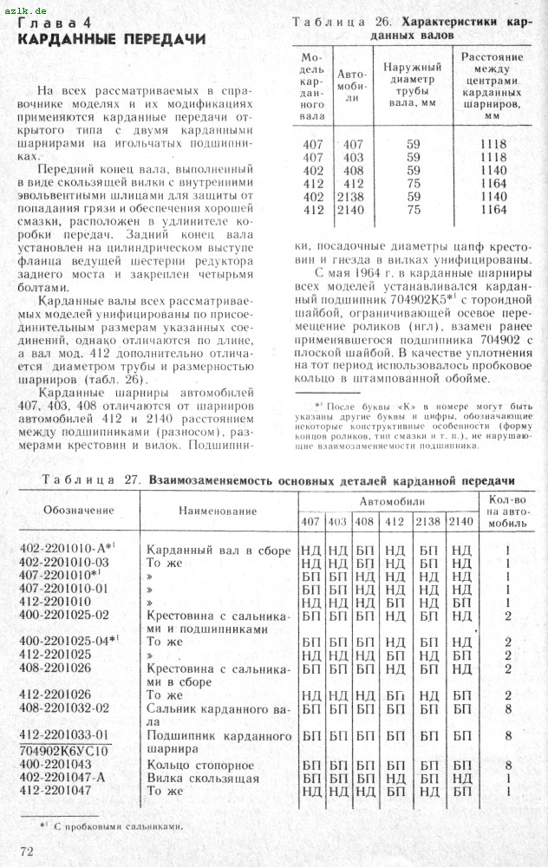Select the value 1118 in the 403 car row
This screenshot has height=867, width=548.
(x=492, y=158)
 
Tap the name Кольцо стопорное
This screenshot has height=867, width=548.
(x=199, y=766)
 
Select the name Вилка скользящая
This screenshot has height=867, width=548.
(x=202, y=779)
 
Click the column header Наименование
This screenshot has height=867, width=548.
(x=218, y=511)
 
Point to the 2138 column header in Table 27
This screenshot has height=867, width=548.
(x=427, y=521)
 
